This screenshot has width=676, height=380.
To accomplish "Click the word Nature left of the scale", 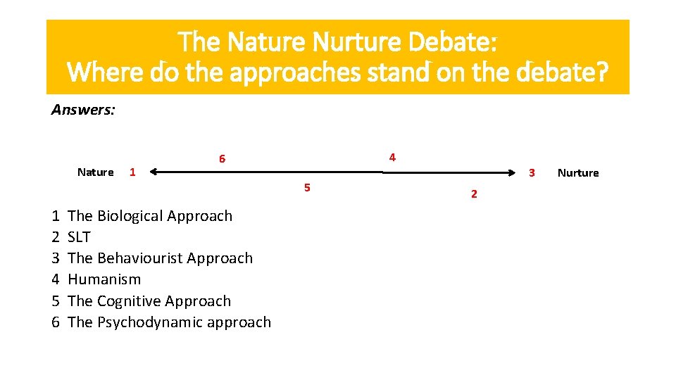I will [95, 172].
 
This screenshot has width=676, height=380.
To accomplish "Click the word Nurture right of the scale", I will [577, 173].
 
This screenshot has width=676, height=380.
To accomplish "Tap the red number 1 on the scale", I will [132, 172].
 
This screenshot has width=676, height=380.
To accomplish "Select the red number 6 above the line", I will [222, 159].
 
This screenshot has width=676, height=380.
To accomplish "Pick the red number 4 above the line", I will [392, 157].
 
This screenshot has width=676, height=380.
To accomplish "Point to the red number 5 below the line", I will [307, 187].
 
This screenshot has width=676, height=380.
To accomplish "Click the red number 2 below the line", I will [473, 194].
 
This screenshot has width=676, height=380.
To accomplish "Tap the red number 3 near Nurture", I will [532, 173].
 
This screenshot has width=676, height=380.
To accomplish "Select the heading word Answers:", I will [83, 110].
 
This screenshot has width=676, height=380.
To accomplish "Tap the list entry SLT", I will [79, 237].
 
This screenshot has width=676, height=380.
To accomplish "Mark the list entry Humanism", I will [104, 279].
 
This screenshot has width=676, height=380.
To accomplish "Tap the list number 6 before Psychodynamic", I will [56, 322].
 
